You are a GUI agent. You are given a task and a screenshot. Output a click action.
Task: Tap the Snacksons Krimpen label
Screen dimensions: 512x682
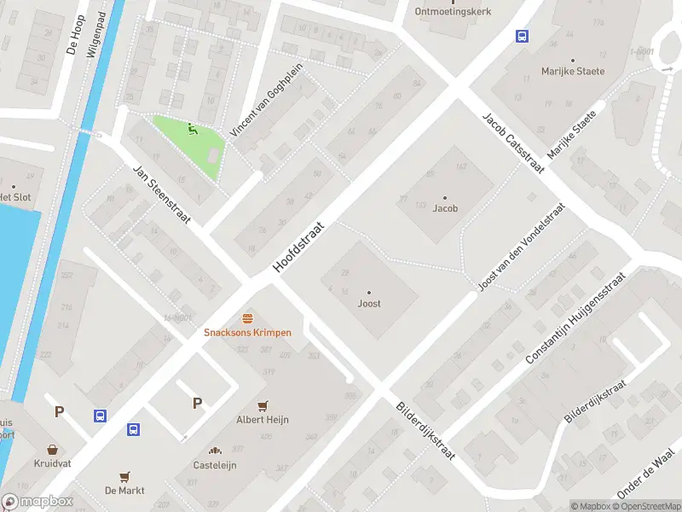click(x=247, y=333)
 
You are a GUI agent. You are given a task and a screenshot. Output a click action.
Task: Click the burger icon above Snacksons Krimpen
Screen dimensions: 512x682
click(x=247, y=317)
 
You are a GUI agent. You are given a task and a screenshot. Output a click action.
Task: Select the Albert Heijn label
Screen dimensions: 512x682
click(x=263, y=420)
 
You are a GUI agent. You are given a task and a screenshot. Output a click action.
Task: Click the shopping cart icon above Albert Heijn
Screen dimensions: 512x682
click(x=263, y=405)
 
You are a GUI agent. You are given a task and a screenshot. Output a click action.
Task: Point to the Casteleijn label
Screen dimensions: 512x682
click(x=215, y=465)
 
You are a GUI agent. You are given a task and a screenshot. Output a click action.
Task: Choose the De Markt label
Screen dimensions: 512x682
click(x=124, y=491)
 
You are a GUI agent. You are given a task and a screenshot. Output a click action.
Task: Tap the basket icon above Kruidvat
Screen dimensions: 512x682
click(x=53, y=449)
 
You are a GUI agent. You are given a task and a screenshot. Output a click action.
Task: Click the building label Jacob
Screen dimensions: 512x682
click(x=445, y=208)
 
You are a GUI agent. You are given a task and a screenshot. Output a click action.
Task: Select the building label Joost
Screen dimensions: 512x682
click(x=369, y=304)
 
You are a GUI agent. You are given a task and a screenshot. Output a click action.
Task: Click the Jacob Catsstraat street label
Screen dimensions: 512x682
click(x=513, y=143)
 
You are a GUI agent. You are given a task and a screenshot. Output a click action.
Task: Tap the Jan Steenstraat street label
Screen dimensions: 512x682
click(x=160, y=195)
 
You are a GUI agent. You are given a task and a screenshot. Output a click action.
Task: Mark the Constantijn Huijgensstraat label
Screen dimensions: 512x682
click(x=576, y=318)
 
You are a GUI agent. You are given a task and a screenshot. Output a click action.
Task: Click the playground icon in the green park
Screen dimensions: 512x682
click(x=192, y=131)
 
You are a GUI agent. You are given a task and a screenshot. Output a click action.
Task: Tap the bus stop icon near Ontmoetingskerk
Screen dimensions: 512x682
click(x=520, y=36)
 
